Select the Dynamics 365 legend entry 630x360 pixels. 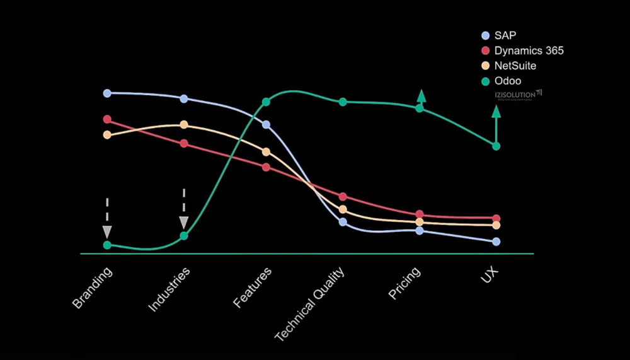[523, 50]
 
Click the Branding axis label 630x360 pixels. [93, 287]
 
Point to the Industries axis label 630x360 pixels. [169, 289]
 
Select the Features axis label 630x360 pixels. [252, 287]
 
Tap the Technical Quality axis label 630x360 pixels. [310, 304]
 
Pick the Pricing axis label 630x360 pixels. [404, 282]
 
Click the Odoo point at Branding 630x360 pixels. [107, 245]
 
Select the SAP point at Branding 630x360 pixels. [107, 93]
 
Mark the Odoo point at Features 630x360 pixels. [266, 102]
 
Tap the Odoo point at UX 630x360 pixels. [496, 146]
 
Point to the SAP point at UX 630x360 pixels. [496, 241]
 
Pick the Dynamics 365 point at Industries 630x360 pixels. [184, 144]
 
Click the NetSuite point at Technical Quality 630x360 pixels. [343, 209]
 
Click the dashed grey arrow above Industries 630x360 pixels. [184, 209]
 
